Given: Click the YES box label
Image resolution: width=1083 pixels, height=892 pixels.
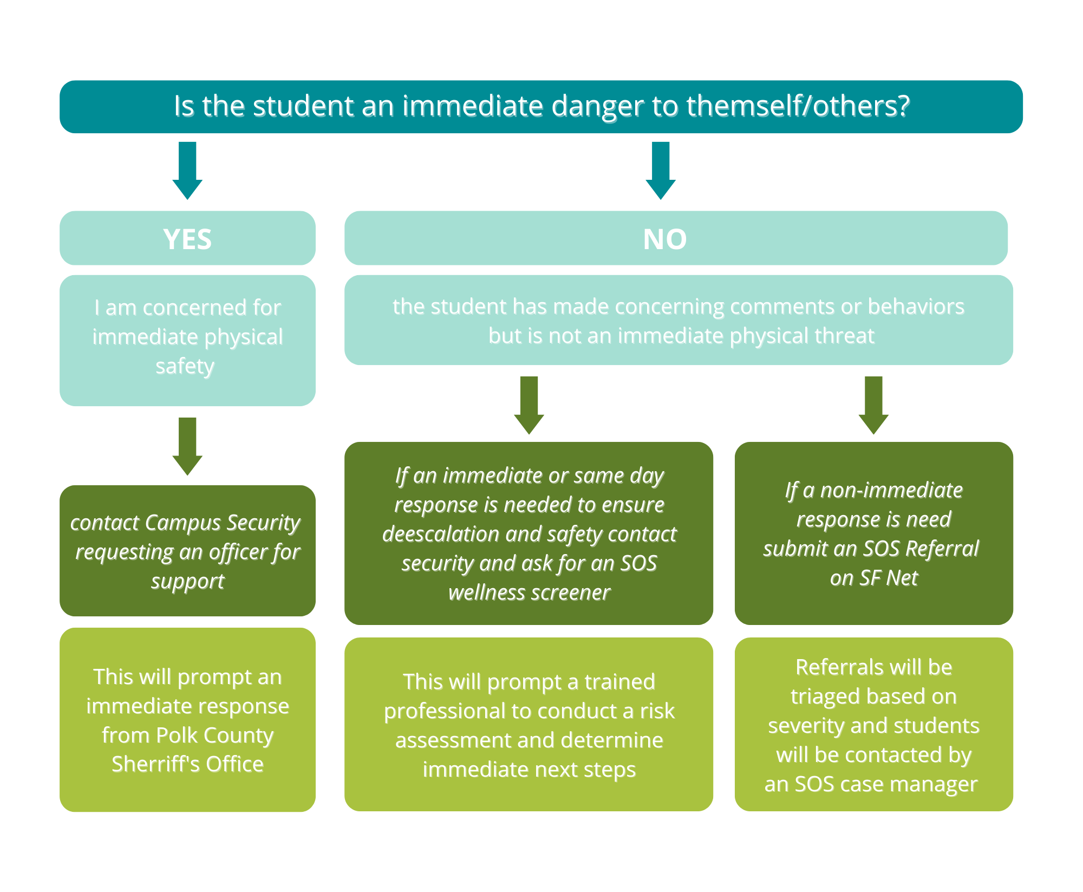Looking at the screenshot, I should coord(187,239).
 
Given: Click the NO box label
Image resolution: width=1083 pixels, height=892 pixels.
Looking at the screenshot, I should coord(664,239).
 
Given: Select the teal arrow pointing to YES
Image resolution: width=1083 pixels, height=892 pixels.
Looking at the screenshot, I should coord(187,170).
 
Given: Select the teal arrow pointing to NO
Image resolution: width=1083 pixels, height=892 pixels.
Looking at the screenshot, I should coord(660,170).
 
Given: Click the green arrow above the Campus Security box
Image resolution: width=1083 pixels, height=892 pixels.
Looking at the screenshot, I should coord(187,446).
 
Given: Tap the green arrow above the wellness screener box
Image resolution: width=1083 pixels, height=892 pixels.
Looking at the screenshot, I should coord(529,405).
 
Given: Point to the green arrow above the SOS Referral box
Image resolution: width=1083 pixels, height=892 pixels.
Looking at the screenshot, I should coord(873,405).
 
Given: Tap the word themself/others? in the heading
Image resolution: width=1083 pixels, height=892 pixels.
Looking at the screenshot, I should coord(798,106).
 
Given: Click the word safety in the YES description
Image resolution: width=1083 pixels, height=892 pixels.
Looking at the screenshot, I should coord(185,367).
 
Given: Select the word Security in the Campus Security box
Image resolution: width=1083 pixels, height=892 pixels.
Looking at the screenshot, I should coord(263,523).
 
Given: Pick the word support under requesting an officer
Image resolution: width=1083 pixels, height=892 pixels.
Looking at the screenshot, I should coord(187,582).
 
